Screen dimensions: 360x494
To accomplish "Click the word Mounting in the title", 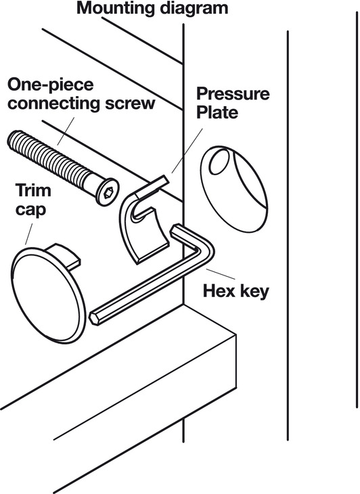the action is coord(116,9).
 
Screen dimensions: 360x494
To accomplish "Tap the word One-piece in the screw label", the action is coord(50,85).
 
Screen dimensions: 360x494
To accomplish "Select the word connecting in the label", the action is coord(53,104).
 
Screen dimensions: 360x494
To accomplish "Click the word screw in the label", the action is coord(130,104).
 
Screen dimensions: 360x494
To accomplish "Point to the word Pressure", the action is coord(233,94).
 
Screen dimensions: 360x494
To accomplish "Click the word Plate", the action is coord(217,112).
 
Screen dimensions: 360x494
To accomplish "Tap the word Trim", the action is coord(33,190).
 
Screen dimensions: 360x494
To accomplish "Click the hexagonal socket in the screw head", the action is coord(109,192).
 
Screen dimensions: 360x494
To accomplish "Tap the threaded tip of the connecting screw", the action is coord(14,139).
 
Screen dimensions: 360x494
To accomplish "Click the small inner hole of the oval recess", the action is coord(219,162).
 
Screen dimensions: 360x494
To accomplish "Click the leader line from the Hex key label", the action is coord(221,274).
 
